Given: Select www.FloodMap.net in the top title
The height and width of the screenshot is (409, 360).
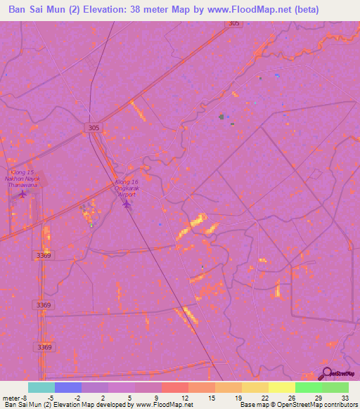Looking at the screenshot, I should coord(250,10).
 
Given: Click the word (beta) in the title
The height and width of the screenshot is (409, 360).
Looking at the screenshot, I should coord(304,10).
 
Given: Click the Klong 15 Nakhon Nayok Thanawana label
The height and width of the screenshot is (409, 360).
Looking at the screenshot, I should coord(23,178).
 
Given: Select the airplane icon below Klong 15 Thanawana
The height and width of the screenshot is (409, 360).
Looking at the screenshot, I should coord(23,193).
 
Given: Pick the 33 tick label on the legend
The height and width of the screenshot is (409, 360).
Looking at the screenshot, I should coord(345,397).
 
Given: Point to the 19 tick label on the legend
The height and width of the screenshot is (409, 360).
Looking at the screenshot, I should coord(238,397).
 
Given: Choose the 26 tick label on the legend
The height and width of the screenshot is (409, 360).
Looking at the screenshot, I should coord(291,397).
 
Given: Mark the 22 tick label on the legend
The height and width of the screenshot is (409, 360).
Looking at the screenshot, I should coord(264,397).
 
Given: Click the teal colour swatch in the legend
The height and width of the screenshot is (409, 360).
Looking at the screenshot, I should coord(41,387).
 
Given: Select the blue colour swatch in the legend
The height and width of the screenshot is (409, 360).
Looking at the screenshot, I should coord(68,387).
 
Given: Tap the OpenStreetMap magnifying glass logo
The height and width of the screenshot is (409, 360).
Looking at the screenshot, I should coord(326,373).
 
